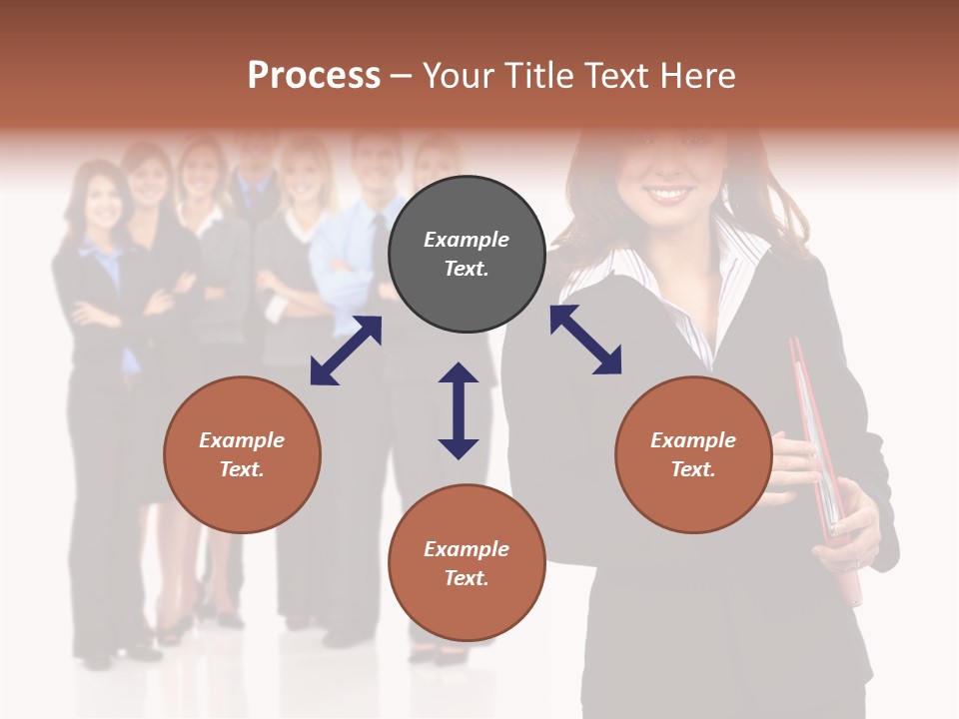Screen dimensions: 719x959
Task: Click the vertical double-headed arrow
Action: pyautogui.click(x=459, y=410)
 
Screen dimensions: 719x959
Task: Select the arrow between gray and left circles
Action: pyautogui.click(x=346, y=351)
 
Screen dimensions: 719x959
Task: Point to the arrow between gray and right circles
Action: pyautogui.click(x=585, y=340)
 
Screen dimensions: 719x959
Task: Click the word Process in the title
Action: pyautogui.click(x=314, y=76)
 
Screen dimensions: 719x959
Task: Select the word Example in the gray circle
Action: pyautogui.click(x=467, y=240)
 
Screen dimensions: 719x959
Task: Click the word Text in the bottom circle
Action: pyautogui.click(x=467, y=578)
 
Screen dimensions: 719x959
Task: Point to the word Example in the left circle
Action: pyautogui.click(x=242, y=440)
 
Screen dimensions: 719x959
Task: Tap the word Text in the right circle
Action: pyautogui.click(x=693, y=469)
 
